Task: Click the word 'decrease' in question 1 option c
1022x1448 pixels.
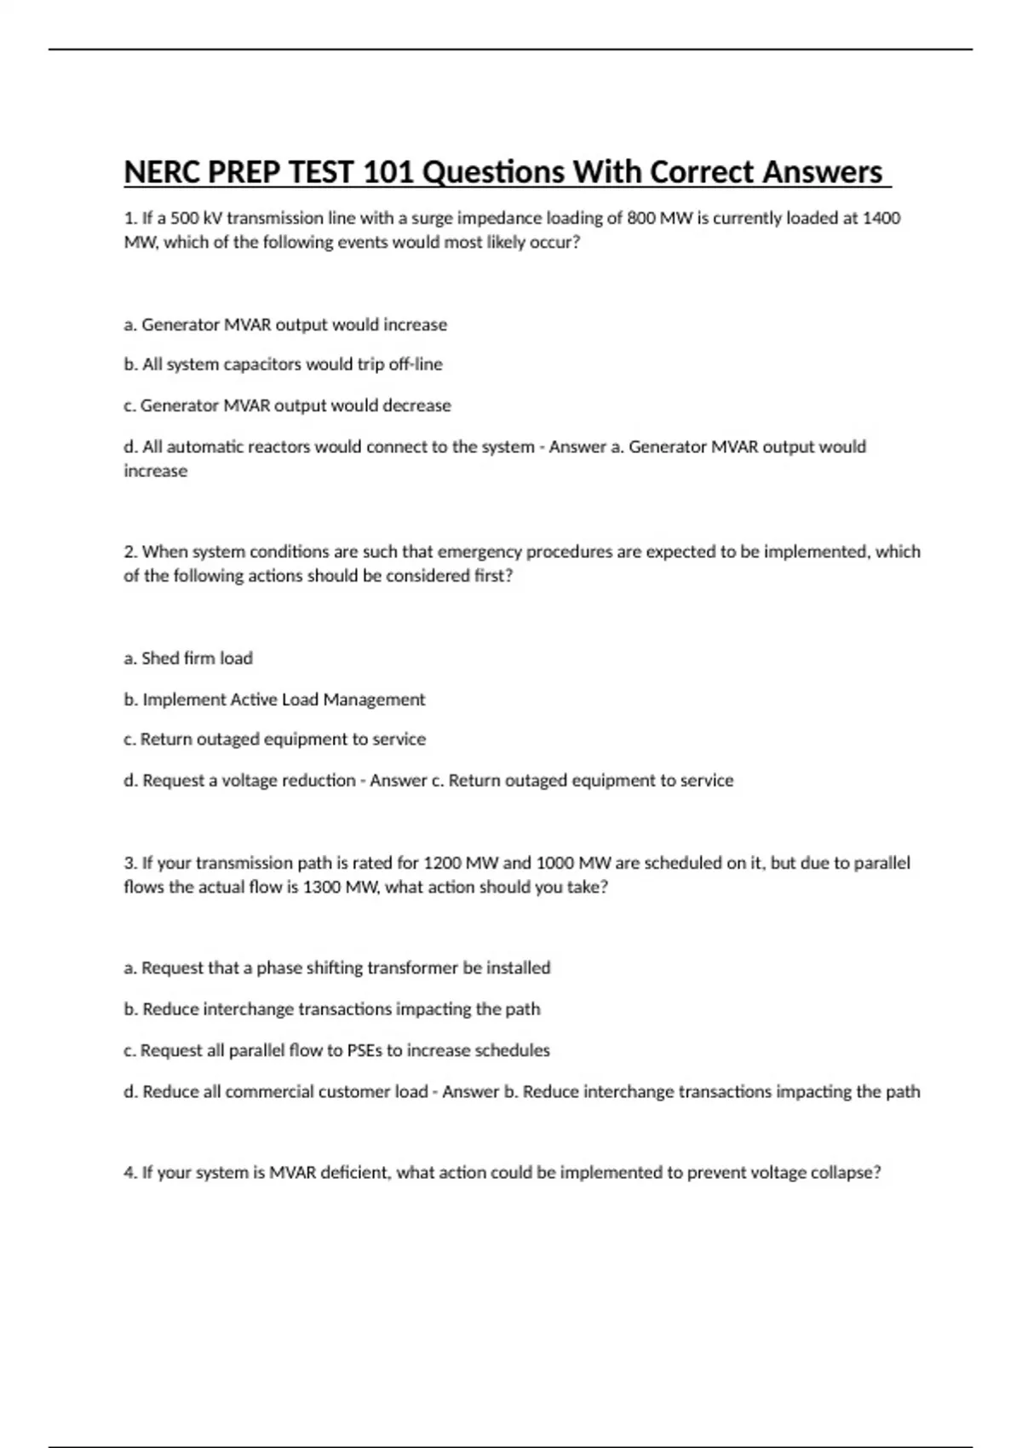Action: pos(416,405)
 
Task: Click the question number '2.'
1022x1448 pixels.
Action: pos(130,552)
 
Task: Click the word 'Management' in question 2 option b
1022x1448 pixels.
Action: pos(381,700)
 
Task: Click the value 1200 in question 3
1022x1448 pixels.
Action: pos(442,863)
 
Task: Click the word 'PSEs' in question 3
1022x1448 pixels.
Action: pos(365,1051)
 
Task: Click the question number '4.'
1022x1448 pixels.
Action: pos(130,1173)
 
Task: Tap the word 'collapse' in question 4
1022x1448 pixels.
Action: pos(844,1173)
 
